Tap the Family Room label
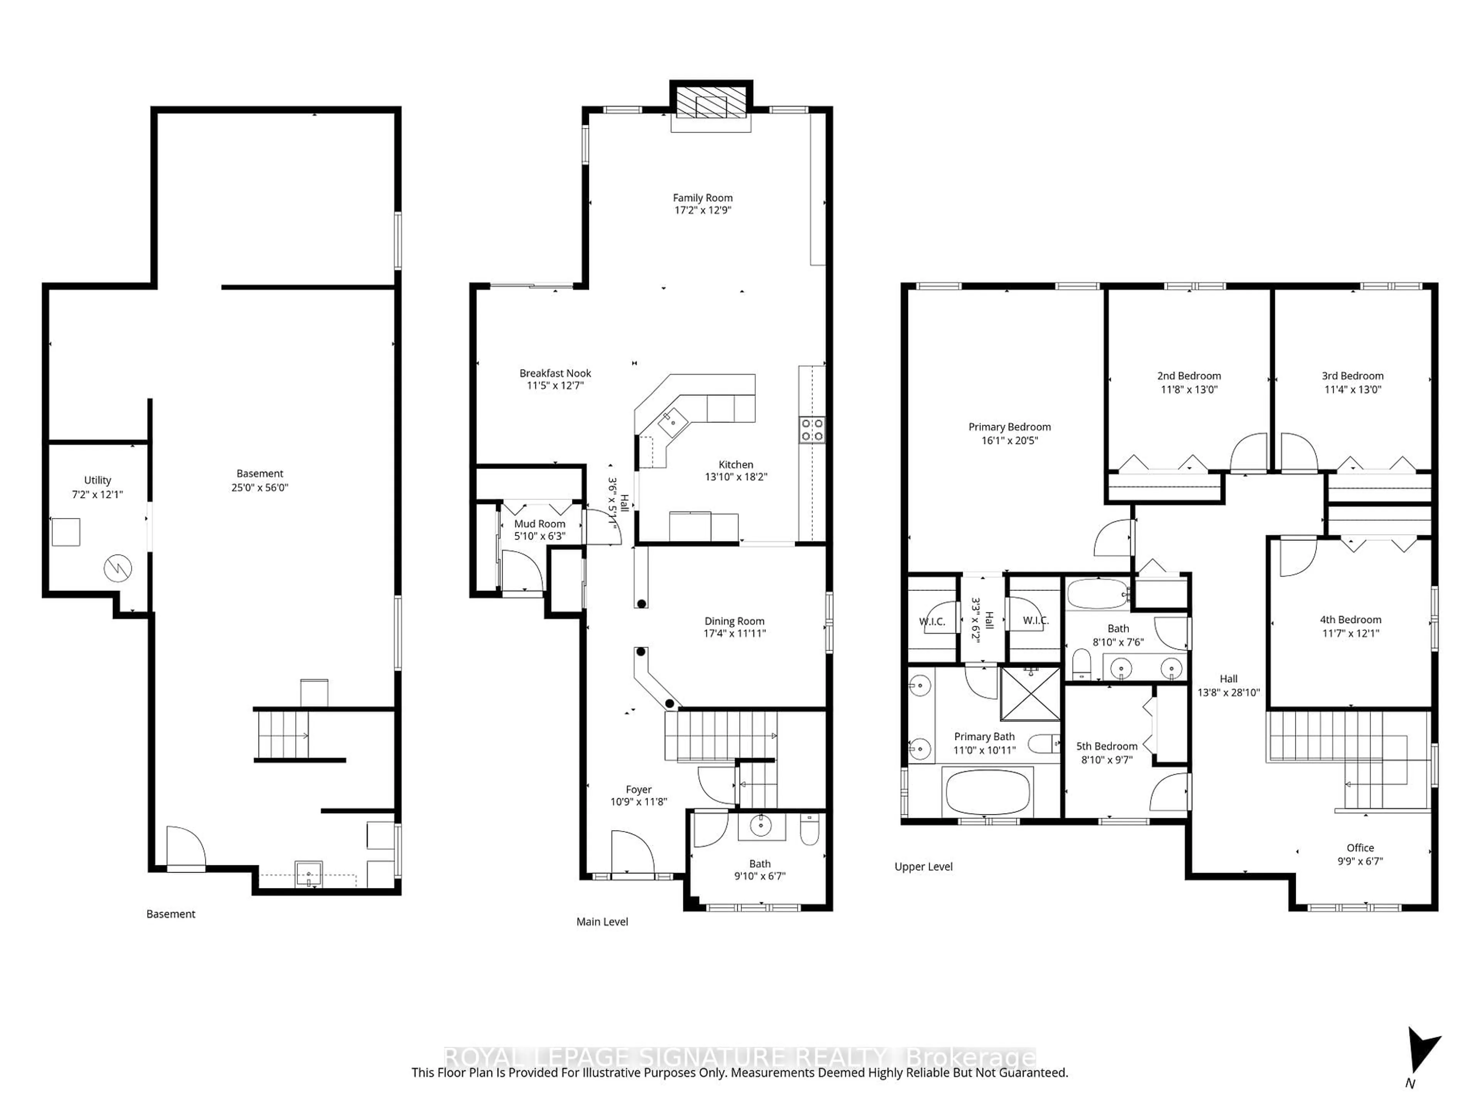703,198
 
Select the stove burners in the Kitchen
812,430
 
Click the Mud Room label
539,524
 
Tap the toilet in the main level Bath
809,830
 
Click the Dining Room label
734,621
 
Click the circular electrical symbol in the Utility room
118,569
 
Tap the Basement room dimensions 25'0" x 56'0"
260,488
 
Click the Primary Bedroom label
1009,427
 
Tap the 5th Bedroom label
1107,746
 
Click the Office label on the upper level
1360,848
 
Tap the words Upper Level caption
923,866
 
